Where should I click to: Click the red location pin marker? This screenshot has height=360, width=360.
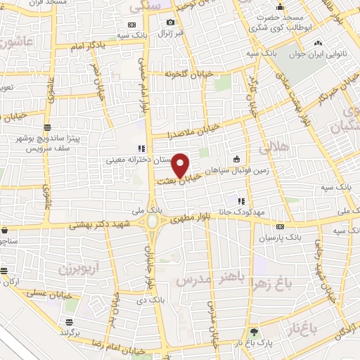click(x=181, y=165)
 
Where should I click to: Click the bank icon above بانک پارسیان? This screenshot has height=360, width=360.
click(x=280, y=226)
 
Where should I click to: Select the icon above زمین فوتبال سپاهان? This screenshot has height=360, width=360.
click(x=236, y=157)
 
